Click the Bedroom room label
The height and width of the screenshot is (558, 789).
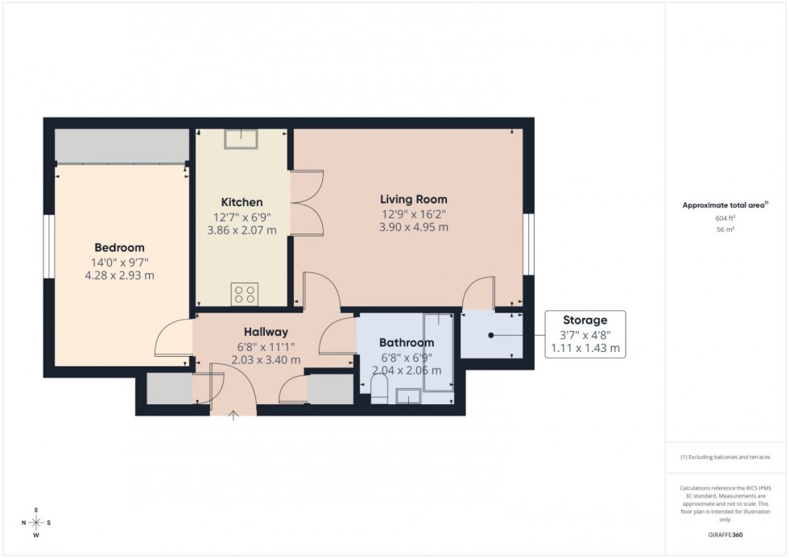point(119,247)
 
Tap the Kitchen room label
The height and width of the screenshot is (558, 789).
point(242,202)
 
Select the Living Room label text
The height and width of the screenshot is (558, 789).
point(413,199)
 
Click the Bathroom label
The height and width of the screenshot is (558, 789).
point(407,342)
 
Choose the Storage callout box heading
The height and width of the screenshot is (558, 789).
point(585,320)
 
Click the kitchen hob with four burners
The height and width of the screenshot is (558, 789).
point(243,294)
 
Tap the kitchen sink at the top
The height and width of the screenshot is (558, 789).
point(241,141)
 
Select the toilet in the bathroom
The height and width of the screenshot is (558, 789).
point(379,392)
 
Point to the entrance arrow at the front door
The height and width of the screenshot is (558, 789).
point(234,415)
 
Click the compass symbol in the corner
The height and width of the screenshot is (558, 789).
point(36,523)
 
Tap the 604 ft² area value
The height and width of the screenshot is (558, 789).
point(726,218)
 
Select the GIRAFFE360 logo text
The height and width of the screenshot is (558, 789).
point(726,534)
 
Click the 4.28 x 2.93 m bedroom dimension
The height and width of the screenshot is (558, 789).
point(119,275)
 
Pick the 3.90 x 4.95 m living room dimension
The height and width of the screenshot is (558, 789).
point(413,227)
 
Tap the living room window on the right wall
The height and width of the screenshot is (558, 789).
point(529,245)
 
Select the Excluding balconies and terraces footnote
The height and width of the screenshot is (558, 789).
point(726,457)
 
